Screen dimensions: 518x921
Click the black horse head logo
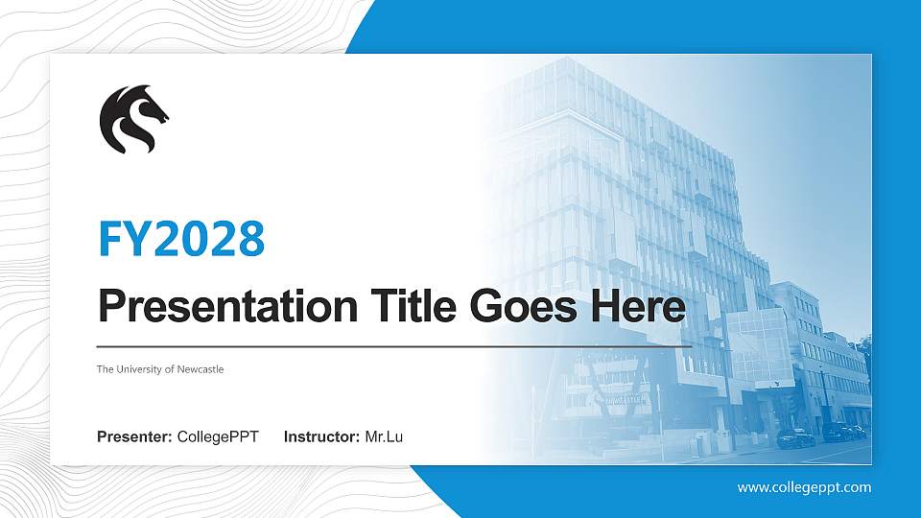click(132, 118)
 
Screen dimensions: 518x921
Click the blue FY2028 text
click(181, 239)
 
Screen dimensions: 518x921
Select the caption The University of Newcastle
click(160, 369)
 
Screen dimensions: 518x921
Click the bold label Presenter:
click(134, 437)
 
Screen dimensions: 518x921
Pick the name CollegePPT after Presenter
click(218, 437)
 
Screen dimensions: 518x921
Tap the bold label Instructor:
click(322, 437)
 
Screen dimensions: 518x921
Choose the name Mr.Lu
click(384, 437)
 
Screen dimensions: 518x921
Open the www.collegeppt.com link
click(804, 487)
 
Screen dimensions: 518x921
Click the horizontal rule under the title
click(393, 345)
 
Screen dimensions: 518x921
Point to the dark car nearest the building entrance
click(795, 438)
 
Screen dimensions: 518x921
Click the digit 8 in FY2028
click(248, 239)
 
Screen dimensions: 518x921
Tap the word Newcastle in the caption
click(201, 369)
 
